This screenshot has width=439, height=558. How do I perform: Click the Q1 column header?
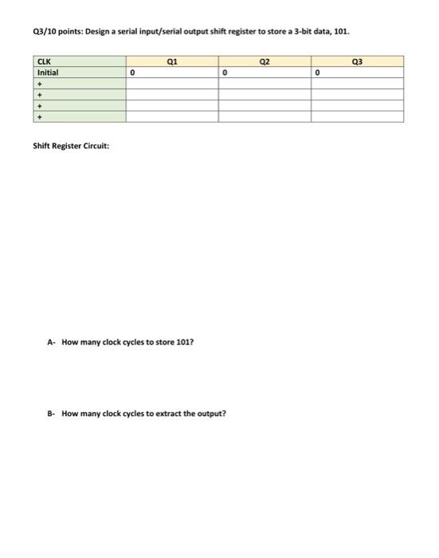coord(172,61)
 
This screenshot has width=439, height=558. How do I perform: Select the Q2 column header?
coord(265,61)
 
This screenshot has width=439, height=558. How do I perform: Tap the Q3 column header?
coord(358,61)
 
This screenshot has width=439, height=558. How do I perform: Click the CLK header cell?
coord(44,61)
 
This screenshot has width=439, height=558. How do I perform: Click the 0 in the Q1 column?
coord(131,72)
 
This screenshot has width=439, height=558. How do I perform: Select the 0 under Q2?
coord(225,72)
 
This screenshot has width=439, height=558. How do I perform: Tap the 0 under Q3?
coord(317,72)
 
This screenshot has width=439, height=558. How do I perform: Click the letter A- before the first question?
coord(51,342)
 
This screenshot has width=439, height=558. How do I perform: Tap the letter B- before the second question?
coord(51,414)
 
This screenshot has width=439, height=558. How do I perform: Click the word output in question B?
coord(212,414)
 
